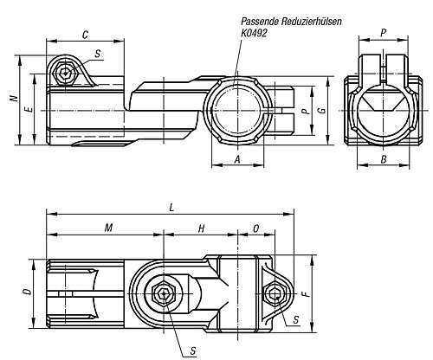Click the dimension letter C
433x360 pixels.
[85, 35]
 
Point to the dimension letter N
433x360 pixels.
[14, 99]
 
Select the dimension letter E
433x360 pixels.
[29, 109]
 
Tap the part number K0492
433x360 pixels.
[254, 33]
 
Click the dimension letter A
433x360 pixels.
[237, 159]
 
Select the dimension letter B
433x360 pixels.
[384, 159]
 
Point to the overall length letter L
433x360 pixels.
[171, 208]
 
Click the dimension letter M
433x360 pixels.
[108, 228]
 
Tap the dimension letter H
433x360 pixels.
[201, 228]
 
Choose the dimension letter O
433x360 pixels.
[256, 228]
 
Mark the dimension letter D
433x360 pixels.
[28, 292]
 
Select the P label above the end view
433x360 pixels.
[384, 33]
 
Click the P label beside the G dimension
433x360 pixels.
[307, 111]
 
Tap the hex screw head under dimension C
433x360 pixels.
[66, 73]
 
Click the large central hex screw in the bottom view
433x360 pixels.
[164, 294]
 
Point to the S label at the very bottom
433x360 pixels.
[193, 350]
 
